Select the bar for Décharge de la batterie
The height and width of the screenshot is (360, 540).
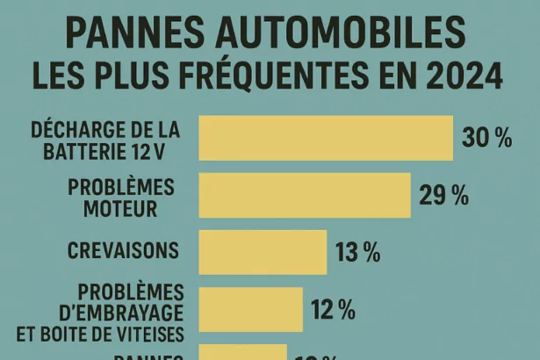(326, 138)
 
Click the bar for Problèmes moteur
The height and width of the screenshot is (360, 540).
(305, 195)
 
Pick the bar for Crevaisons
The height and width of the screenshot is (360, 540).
(263, 252)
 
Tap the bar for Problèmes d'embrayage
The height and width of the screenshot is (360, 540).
(250, 309)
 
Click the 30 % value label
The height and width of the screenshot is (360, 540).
(486, 139)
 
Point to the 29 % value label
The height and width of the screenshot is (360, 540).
(443, 196)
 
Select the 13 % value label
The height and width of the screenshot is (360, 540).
(357, 253)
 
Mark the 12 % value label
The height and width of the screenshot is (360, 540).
(332, 309)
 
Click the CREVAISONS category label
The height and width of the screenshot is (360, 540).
(123, 250)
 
